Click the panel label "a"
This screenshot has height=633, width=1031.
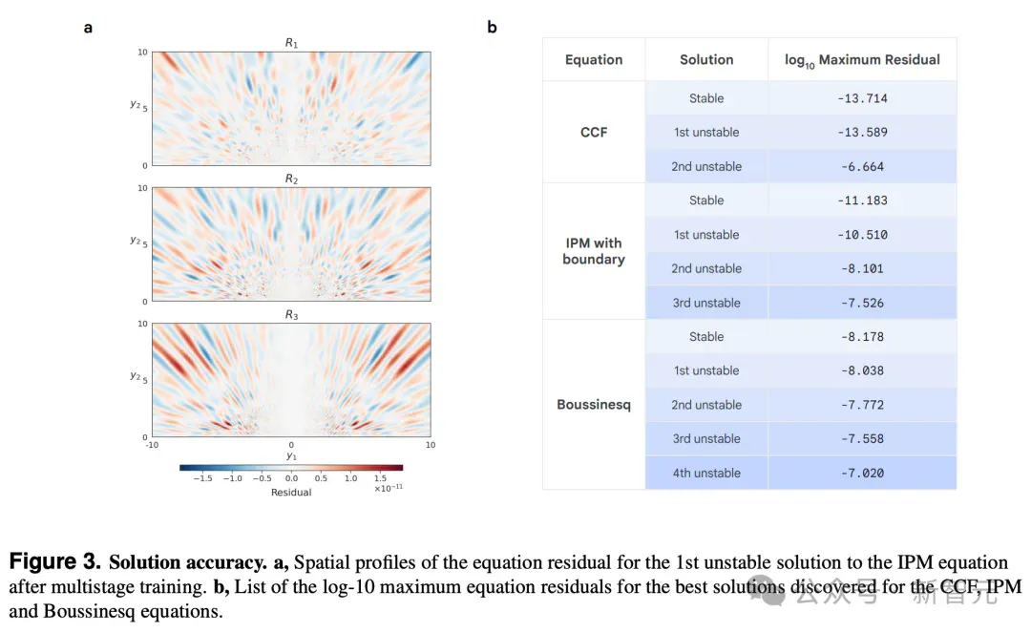tap(88, 28)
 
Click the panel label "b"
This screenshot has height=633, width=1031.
tap(492, 27)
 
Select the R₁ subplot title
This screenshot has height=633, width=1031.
tap(291, 43)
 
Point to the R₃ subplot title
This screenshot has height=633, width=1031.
tap(291, 315)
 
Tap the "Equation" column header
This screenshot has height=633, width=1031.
tap(594, 60)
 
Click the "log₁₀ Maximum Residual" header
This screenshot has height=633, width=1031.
tap(862, 60)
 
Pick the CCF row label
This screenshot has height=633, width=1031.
tap(594, 132)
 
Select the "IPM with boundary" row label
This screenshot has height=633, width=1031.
tap(594, 251)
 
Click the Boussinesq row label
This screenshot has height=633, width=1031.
tap(594, 404)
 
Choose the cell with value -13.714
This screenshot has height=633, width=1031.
tap(862, 98)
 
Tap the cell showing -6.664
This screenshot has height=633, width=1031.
tap(862, 167)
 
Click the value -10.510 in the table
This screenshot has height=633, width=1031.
tap(862, 235)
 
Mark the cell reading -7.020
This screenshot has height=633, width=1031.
tap(862, 474)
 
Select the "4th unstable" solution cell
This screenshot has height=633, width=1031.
tap(706, 474)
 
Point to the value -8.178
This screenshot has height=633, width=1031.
tap(862, 336)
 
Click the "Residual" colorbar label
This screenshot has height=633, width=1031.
tap(291, 493)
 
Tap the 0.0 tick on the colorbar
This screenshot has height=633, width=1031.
tap(291, 478)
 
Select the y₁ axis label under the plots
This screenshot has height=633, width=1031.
tap(291, 456)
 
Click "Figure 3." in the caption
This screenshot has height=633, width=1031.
tap(54, 562)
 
